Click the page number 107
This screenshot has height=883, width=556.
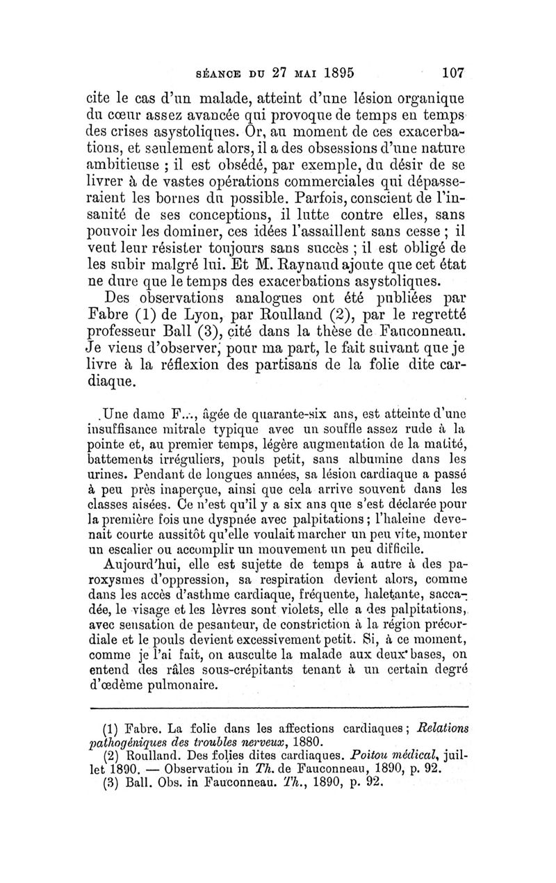[451, 72]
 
